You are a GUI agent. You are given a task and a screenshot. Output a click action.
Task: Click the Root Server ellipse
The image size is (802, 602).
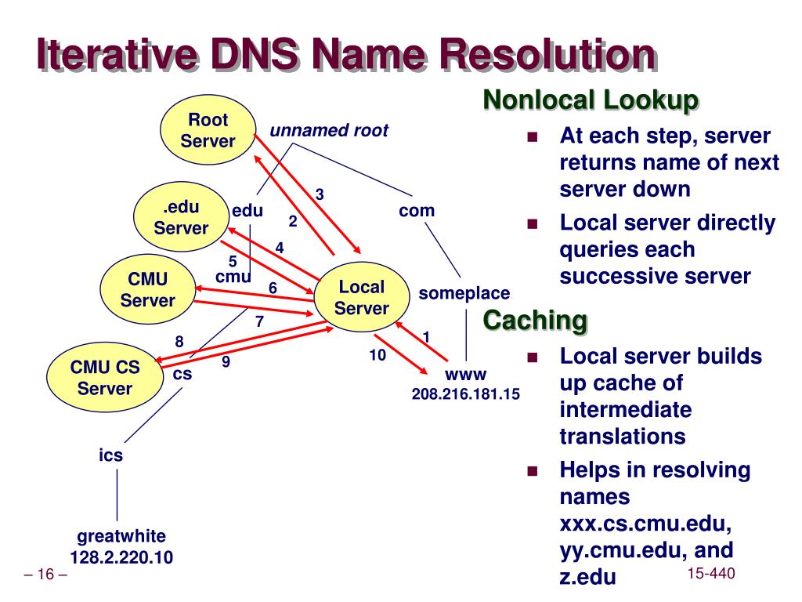point(208,130)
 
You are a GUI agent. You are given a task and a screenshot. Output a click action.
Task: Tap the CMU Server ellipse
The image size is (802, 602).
point(148,289)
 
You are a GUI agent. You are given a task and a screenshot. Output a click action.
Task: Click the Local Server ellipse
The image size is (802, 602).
point(361,297)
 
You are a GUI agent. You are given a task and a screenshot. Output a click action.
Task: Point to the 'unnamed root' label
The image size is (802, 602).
point(329,131)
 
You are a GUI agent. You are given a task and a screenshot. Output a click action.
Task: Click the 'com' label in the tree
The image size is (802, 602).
point(417,210)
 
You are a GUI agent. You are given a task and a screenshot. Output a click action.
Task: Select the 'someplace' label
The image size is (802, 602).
point(464,293)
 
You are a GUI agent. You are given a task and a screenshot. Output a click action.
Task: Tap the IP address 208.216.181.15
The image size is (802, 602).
point(466,393)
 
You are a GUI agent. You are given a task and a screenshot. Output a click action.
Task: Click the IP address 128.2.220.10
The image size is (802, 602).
point(121,557)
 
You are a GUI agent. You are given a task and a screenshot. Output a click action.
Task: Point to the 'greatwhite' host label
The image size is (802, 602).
point(121,537)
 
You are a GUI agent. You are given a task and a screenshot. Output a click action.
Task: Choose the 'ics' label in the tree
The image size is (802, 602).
point(110,455)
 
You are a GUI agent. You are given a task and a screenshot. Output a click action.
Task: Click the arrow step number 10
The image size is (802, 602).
point(378,355)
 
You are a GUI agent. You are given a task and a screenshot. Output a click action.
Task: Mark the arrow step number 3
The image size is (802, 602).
point(320,194)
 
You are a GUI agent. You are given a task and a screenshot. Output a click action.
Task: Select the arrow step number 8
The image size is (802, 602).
point(179,341)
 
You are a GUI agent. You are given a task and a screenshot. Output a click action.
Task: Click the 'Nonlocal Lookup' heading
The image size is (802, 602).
point(590,100)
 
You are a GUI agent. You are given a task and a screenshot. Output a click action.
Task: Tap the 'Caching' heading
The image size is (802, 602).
point(535,320)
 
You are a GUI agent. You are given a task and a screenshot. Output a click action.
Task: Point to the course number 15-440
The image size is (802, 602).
point(710,575)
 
